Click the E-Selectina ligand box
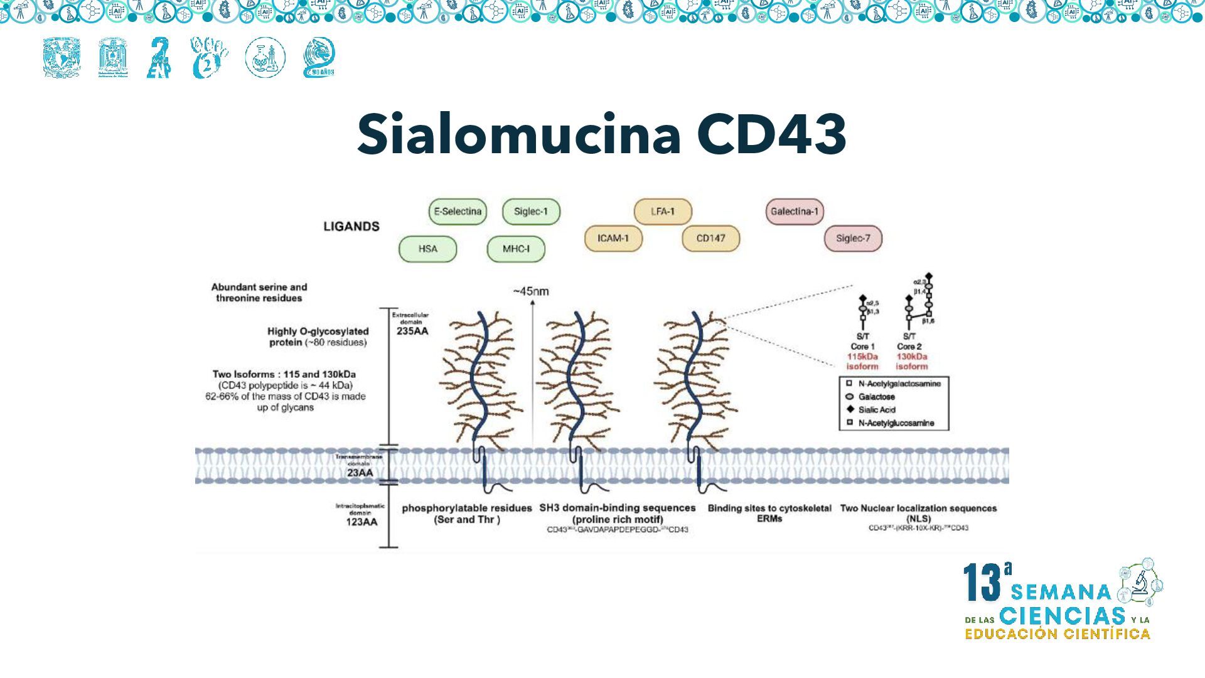(458, 212)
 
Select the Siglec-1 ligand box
(531, 212)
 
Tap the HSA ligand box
(427, 249)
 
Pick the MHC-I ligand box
(516, 249)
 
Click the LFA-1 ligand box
(663, 212)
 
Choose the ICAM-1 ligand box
(613, 239)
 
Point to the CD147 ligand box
(710, 239)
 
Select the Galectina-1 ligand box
(795, 212)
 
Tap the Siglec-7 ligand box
(853, 239)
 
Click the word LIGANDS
(351, 227)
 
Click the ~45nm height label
(531, 291)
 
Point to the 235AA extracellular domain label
(412, 331)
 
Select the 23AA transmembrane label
(360, 473)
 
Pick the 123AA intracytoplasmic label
(362, 522)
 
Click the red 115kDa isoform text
(862, 362)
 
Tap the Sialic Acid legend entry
(877, 410)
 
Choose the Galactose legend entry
(876, 397)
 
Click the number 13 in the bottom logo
(982, 582)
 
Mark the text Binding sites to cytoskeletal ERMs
(769, 514)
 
